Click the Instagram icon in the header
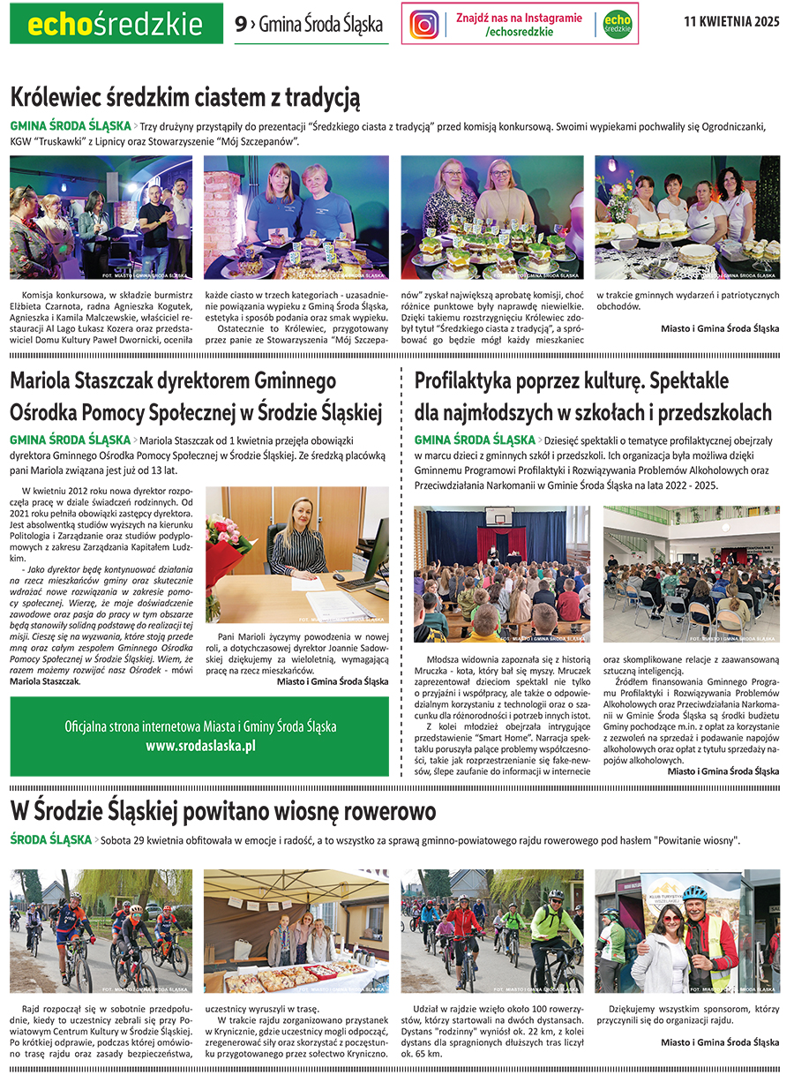coord(424,24)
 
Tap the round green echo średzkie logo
coord(617,25)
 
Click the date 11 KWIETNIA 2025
coord(731,23)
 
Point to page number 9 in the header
coord(240,25)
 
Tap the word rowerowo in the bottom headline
coord(370,810)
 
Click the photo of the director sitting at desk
coord(297,555)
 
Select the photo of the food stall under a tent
coord(296,931)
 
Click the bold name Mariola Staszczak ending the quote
coord(44,681)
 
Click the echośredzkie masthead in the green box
coord(116,25)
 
